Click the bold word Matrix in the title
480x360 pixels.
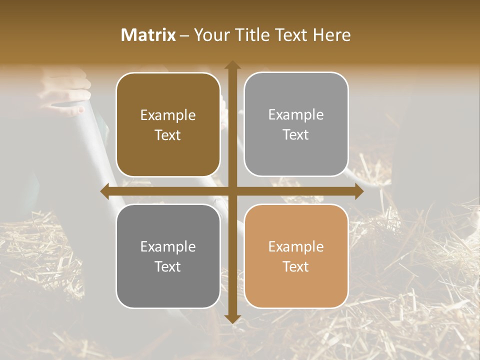coord(148,35)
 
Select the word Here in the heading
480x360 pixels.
coord(331,35)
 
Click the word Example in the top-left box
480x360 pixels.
coord(168,115)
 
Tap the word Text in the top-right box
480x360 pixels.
coord(296,135)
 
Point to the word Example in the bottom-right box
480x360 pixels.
coord(296,246)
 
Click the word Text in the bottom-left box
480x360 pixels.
coord(168,266)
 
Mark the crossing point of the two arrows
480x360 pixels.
coord(232,191)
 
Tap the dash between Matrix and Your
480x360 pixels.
coord(184,35)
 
